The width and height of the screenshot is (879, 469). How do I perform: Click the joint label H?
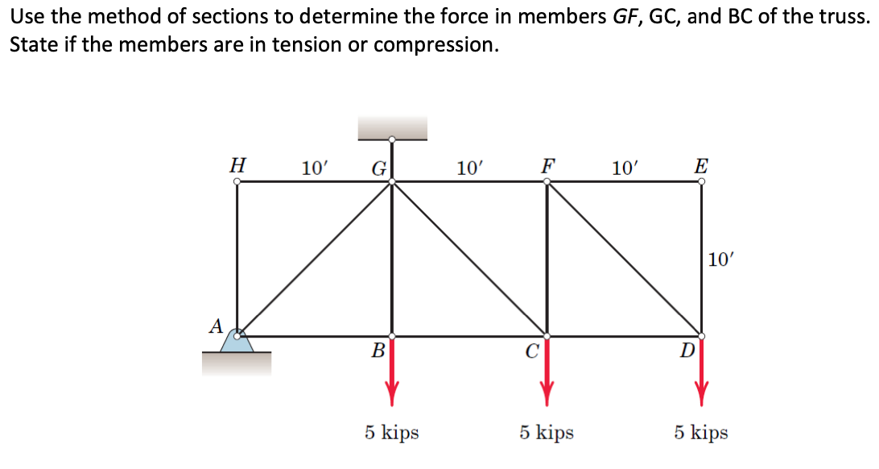(237, 164)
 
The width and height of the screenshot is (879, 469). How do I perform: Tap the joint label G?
(378, 169)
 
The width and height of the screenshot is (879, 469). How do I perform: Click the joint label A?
(215, 326)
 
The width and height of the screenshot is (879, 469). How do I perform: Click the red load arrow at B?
(392, 371)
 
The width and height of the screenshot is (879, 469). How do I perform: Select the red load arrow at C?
(547, 371)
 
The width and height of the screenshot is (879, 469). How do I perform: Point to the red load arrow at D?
(702, 371)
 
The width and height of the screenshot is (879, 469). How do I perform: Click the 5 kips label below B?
(391, 433)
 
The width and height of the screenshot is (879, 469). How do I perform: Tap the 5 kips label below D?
(701, 433)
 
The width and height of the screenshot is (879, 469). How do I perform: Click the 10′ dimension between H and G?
(314, 168)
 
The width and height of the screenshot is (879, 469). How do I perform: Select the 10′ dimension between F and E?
(625, 168)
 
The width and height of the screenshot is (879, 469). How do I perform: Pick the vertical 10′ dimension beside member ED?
(721, 259)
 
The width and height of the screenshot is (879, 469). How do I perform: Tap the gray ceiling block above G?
(392, 127)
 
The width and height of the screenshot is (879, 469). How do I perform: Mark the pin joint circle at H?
(237, 181)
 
